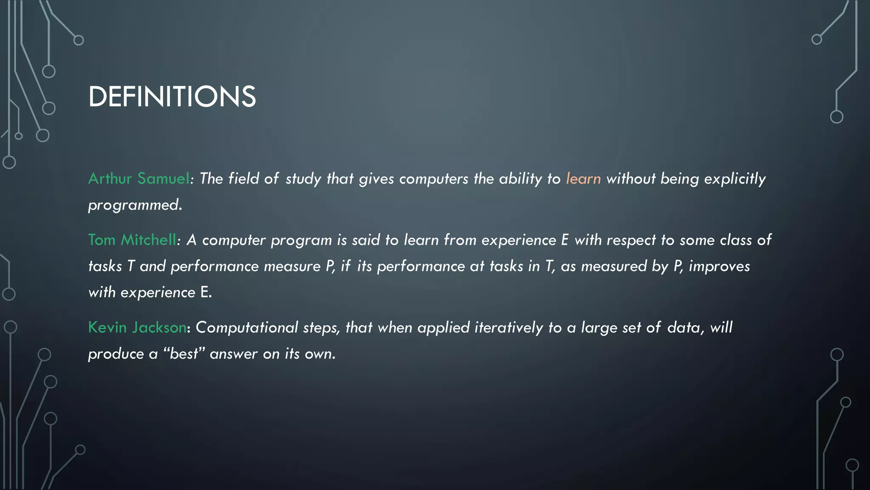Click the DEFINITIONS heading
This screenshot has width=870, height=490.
point(172,97)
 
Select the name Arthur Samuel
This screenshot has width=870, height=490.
point(138,179)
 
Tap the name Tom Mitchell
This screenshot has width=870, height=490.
point(132,240)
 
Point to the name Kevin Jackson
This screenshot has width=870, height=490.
point(137,328)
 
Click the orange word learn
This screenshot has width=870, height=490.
point(583,179)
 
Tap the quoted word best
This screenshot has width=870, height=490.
point(184,354)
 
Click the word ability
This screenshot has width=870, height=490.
point(520,179)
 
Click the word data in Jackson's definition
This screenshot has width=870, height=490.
point(683,328)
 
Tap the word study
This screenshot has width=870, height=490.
point(303,179)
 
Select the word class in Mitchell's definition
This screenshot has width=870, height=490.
point(736,240)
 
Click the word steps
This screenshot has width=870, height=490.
point(321,328)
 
